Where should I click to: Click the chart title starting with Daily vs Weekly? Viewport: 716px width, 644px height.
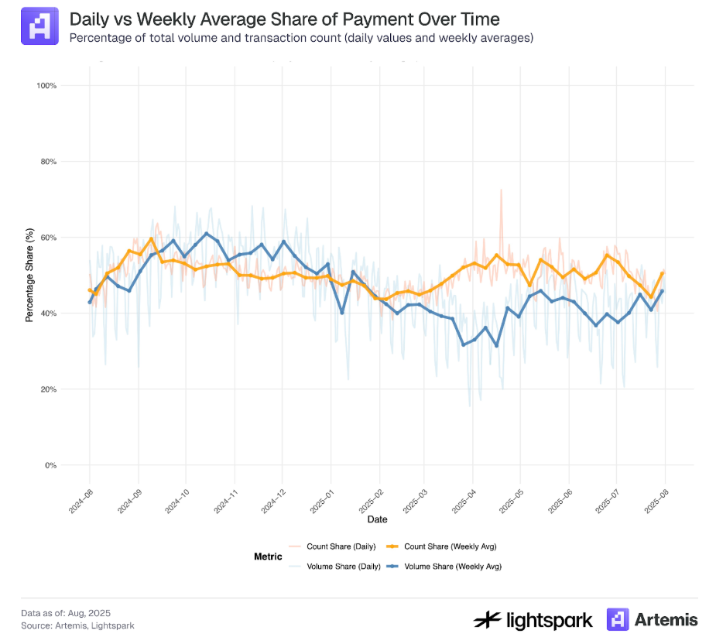[x=284, y=19]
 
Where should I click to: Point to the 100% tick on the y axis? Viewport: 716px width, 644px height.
[x=46, y=85]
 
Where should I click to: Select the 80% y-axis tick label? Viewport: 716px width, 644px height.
[x=48, y=162]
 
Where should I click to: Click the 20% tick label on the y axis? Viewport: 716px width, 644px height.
[x=48, y=389]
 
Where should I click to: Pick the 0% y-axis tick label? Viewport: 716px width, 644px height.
[x=51, y=465]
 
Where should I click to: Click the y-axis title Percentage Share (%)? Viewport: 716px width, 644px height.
[x=29, y=275]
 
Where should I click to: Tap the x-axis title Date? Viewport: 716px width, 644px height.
[x=378, y=519]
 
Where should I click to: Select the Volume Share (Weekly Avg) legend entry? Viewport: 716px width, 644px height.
[x=444, y=567]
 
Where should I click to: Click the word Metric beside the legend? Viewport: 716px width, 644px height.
[x=268, y=557]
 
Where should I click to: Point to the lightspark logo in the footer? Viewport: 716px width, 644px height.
[x=533, y=619]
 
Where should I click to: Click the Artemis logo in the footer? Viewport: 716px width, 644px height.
[x=652, y=619]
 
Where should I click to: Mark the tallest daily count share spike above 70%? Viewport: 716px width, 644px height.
[x=501, y=190]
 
